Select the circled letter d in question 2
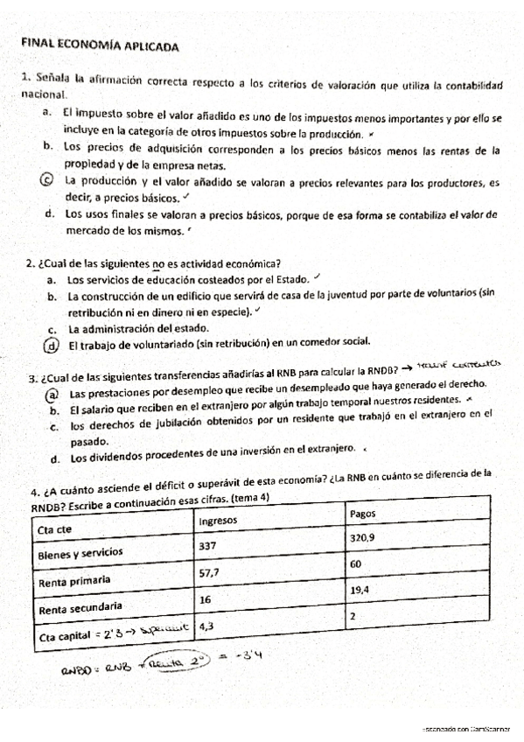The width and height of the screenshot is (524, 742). (53, 344)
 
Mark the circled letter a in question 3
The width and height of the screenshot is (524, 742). (52, 394)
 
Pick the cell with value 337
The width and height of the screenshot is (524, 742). (210, 547)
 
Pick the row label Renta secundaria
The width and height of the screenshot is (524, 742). (79, 605)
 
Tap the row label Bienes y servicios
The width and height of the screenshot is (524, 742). (80, 555)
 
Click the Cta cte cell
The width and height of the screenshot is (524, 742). (54, 529)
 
